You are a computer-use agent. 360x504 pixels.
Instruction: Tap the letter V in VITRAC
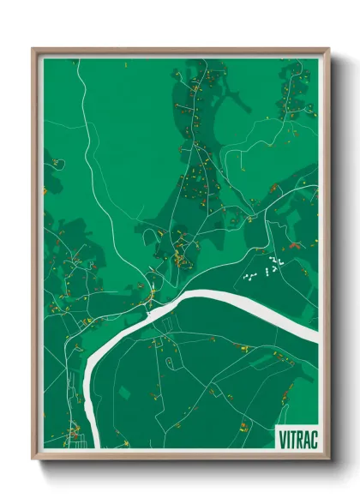tap(282, 437)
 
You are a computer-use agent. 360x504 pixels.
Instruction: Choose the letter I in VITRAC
tap(287, 437)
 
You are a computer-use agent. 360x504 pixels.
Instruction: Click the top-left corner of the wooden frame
tap(33, 50)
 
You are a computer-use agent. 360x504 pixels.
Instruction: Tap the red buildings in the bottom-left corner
tap(72, 432)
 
